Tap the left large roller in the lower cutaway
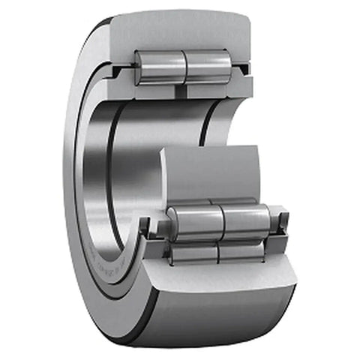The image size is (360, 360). click(193, 221)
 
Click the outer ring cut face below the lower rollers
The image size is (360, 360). click(225, 292)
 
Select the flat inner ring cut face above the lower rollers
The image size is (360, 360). click(217, 172)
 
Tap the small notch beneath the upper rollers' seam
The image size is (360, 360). click(184, 90)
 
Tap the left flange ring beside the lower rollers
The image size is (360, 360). click(157, 229)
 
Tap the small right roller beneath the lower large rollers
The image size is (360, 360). click(241, 251)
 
